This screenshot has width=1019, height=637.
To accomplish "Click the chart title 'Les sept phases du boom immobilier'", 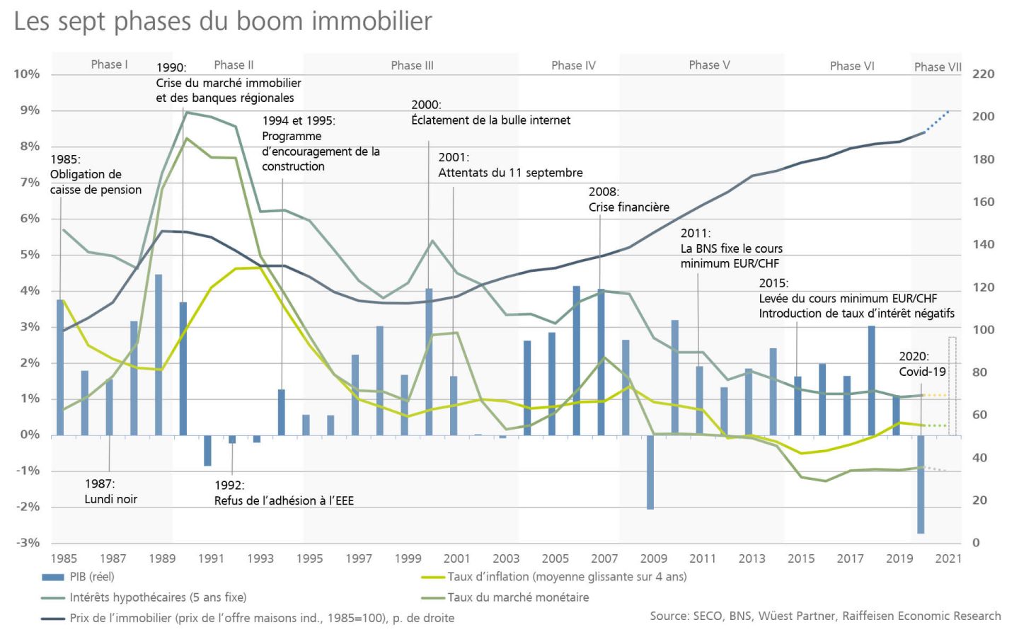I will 223,21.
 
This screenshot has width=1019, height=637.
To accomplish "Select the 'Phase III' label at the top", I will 412,66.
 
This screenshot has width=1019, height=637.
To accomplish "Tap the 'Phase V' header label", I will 709,65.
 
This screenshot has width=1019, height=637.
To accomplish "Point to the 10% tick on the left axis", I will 27,74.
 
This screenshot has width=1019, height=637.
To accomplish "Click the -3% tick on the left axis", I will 28,543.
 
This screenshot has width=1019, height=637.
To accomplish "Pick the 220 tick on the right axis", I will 983,74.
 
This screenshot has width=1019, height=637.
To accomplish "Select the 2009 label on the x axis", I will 653,558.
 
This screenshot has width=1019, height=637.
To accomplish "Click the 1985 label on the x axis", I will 64,558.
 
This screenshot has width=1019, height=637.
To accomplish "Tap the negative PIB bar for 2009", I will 650,472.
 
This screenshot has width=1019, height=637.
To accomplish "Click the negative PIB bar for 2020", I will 921,484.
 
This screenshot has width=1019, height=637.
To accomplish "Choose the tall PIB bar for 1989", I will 159,354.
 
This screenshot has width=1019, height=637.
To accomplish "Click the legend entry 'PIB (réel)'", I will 91,577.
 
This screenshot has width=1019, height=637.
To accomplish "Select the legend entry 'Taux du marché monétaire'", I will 518,597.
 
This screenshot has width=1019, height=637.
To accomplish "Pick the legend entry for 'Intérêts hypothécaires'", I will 158,597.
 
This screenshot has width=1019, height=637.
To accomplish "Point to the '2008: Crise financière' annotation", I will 628,200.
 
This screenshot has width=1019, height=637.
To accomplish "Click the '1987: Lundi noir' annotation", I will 110,491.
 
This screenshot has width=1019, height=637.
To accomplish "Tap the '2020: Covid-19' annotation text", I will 922,364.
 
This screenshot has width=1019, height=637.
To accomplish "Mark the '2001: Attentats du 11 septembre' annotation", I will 510,165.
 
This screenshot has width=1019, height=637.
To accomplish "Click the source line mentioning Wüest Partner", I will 825,616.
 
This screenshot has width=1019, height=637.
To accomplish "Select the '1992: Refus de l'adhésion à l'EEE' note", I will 284,493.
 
